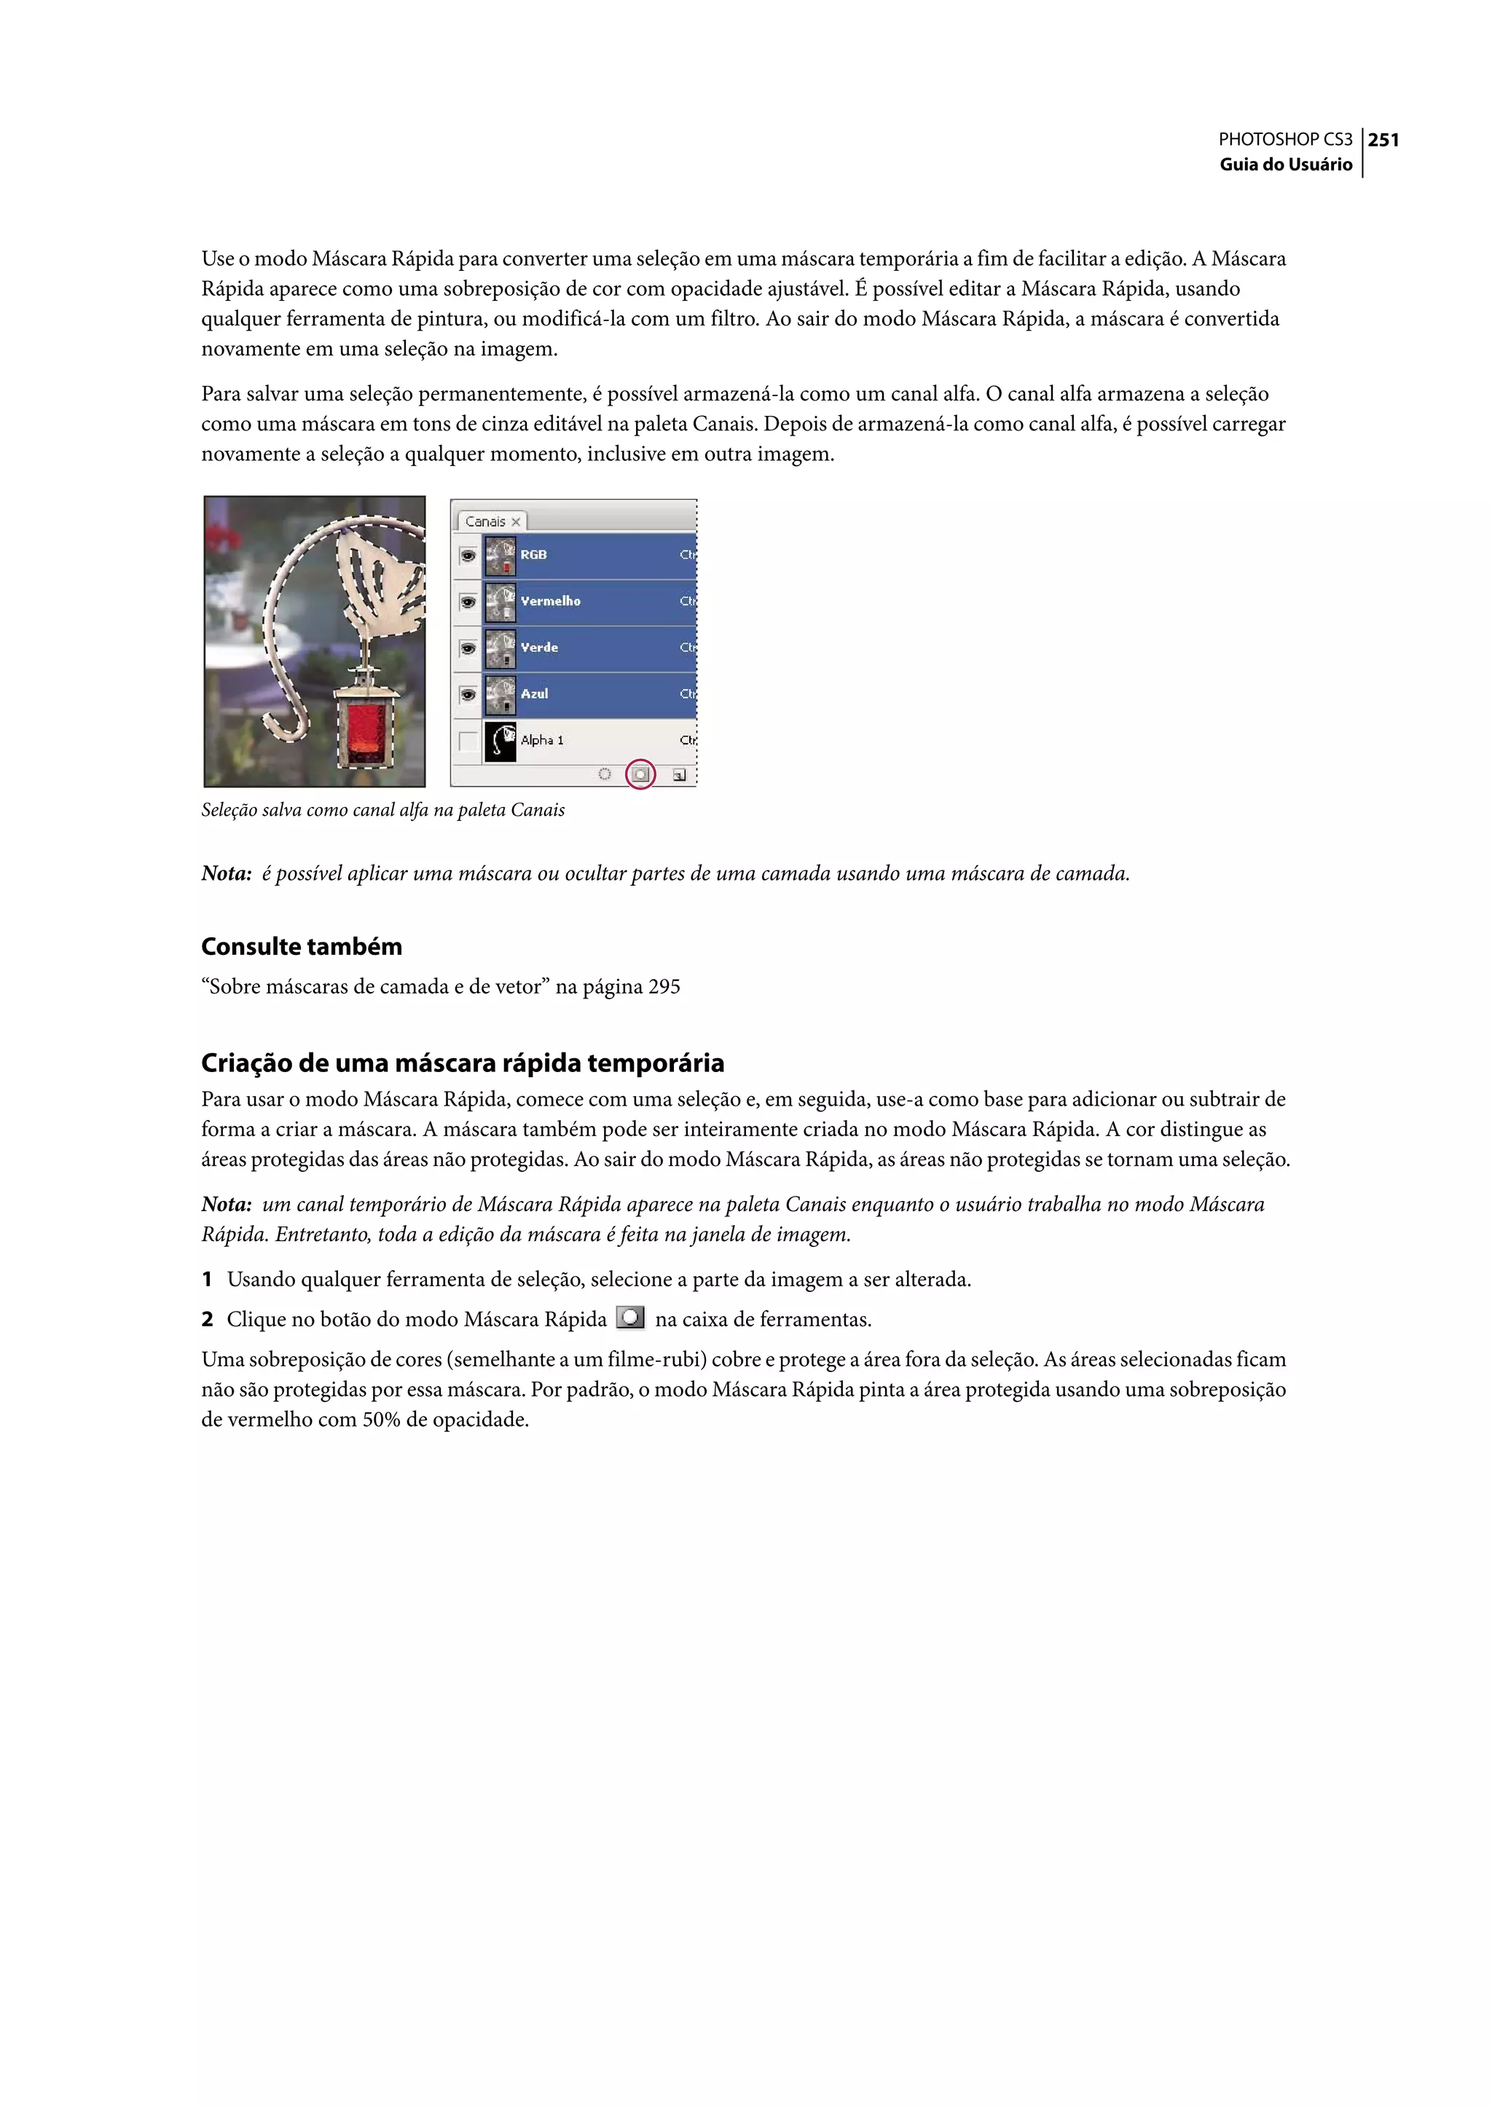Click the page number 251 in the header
1383,140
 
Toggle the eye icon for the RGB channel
468,556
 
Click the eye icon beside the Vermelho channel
468,602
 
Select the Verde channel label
539,647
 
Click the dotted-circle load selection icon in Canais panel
605,774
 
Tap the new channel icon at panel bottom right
679,775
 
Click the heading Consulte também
302,946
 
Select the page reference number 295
664,988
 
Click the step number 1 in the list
208,1280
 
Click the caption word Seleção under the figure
229,810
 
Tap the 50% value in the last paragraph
380,1420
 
